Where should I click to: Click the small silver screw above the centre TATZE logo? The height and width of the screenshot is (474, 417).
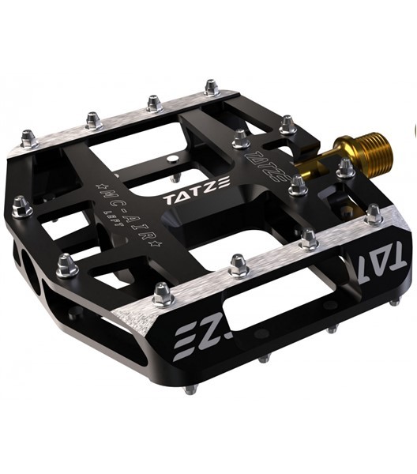[x=173, y=160]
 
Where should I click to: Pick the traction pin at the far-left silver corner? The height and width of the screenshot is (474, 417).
[x=28, y=140]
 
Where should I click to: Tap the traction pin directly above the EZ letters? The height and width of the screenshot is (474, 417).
[x=163, y=294]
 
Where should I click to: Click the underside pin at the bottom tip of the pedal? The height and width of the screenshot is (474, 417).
[x=190, y=389]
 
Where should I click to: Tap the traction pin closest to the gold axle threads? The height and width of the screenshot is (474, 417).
[x=345, y=167]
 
